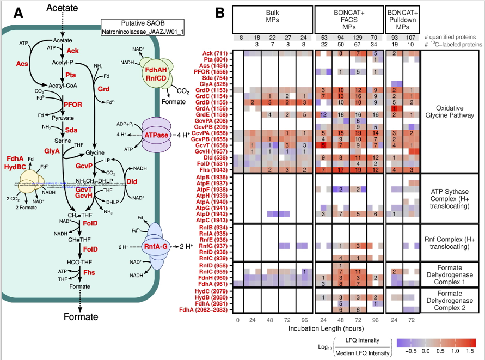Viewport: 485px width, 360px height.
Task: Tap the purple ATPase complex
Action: click(x=157, y=133)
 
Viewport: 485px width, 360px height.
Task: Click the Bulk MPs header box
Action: click(x=273, y=20)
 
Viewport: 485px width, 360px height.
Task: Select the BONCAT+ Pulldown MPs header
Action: click(x=404, y=20)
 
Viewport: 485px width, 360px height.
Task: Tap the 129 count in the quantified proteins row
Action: click(x=359, y=37)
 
